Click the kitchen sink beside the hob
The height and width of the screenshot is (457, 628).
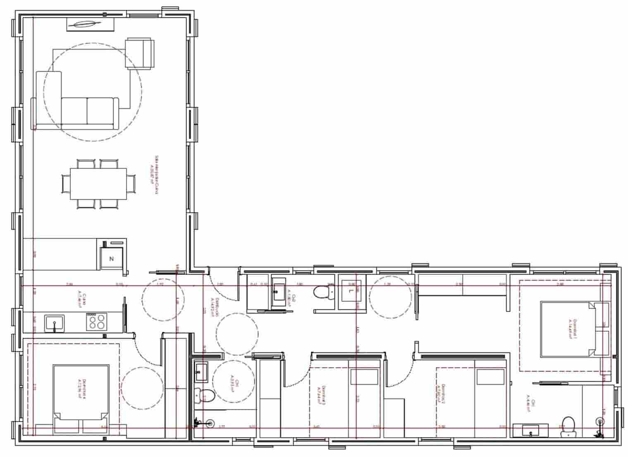coord(54,323)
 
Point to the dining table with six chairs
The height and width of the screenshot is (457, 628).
coord(98,183)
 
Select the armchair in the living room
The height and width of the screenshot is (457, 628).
coord(139,53)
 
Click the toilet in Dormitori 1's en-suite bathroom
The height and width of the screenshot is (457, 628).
coord(568,426)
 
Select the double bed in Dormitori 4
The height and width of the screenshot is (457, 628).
coord(81,397)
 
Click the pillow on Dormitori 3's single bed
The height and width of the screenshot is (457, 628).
coord(364,377)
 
